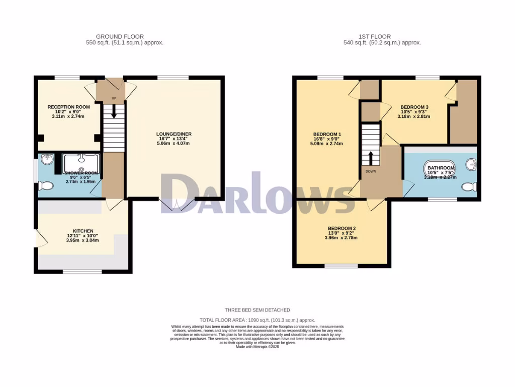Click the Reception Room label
69,107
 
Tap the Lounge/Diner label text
174,134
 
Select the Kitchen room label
82,231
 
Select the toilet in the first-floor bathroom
469,187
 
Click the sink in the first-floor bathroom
471,164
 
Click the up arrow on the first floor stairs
371,158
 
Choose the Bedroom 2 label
342,228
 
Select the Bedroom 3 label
414,107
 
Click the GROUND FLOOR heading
120,36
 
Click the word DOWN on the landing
371,171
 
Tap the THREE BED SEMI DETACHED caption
257,310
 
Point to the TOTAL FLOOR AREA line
257,320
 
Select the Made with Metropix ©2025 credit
257,347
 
